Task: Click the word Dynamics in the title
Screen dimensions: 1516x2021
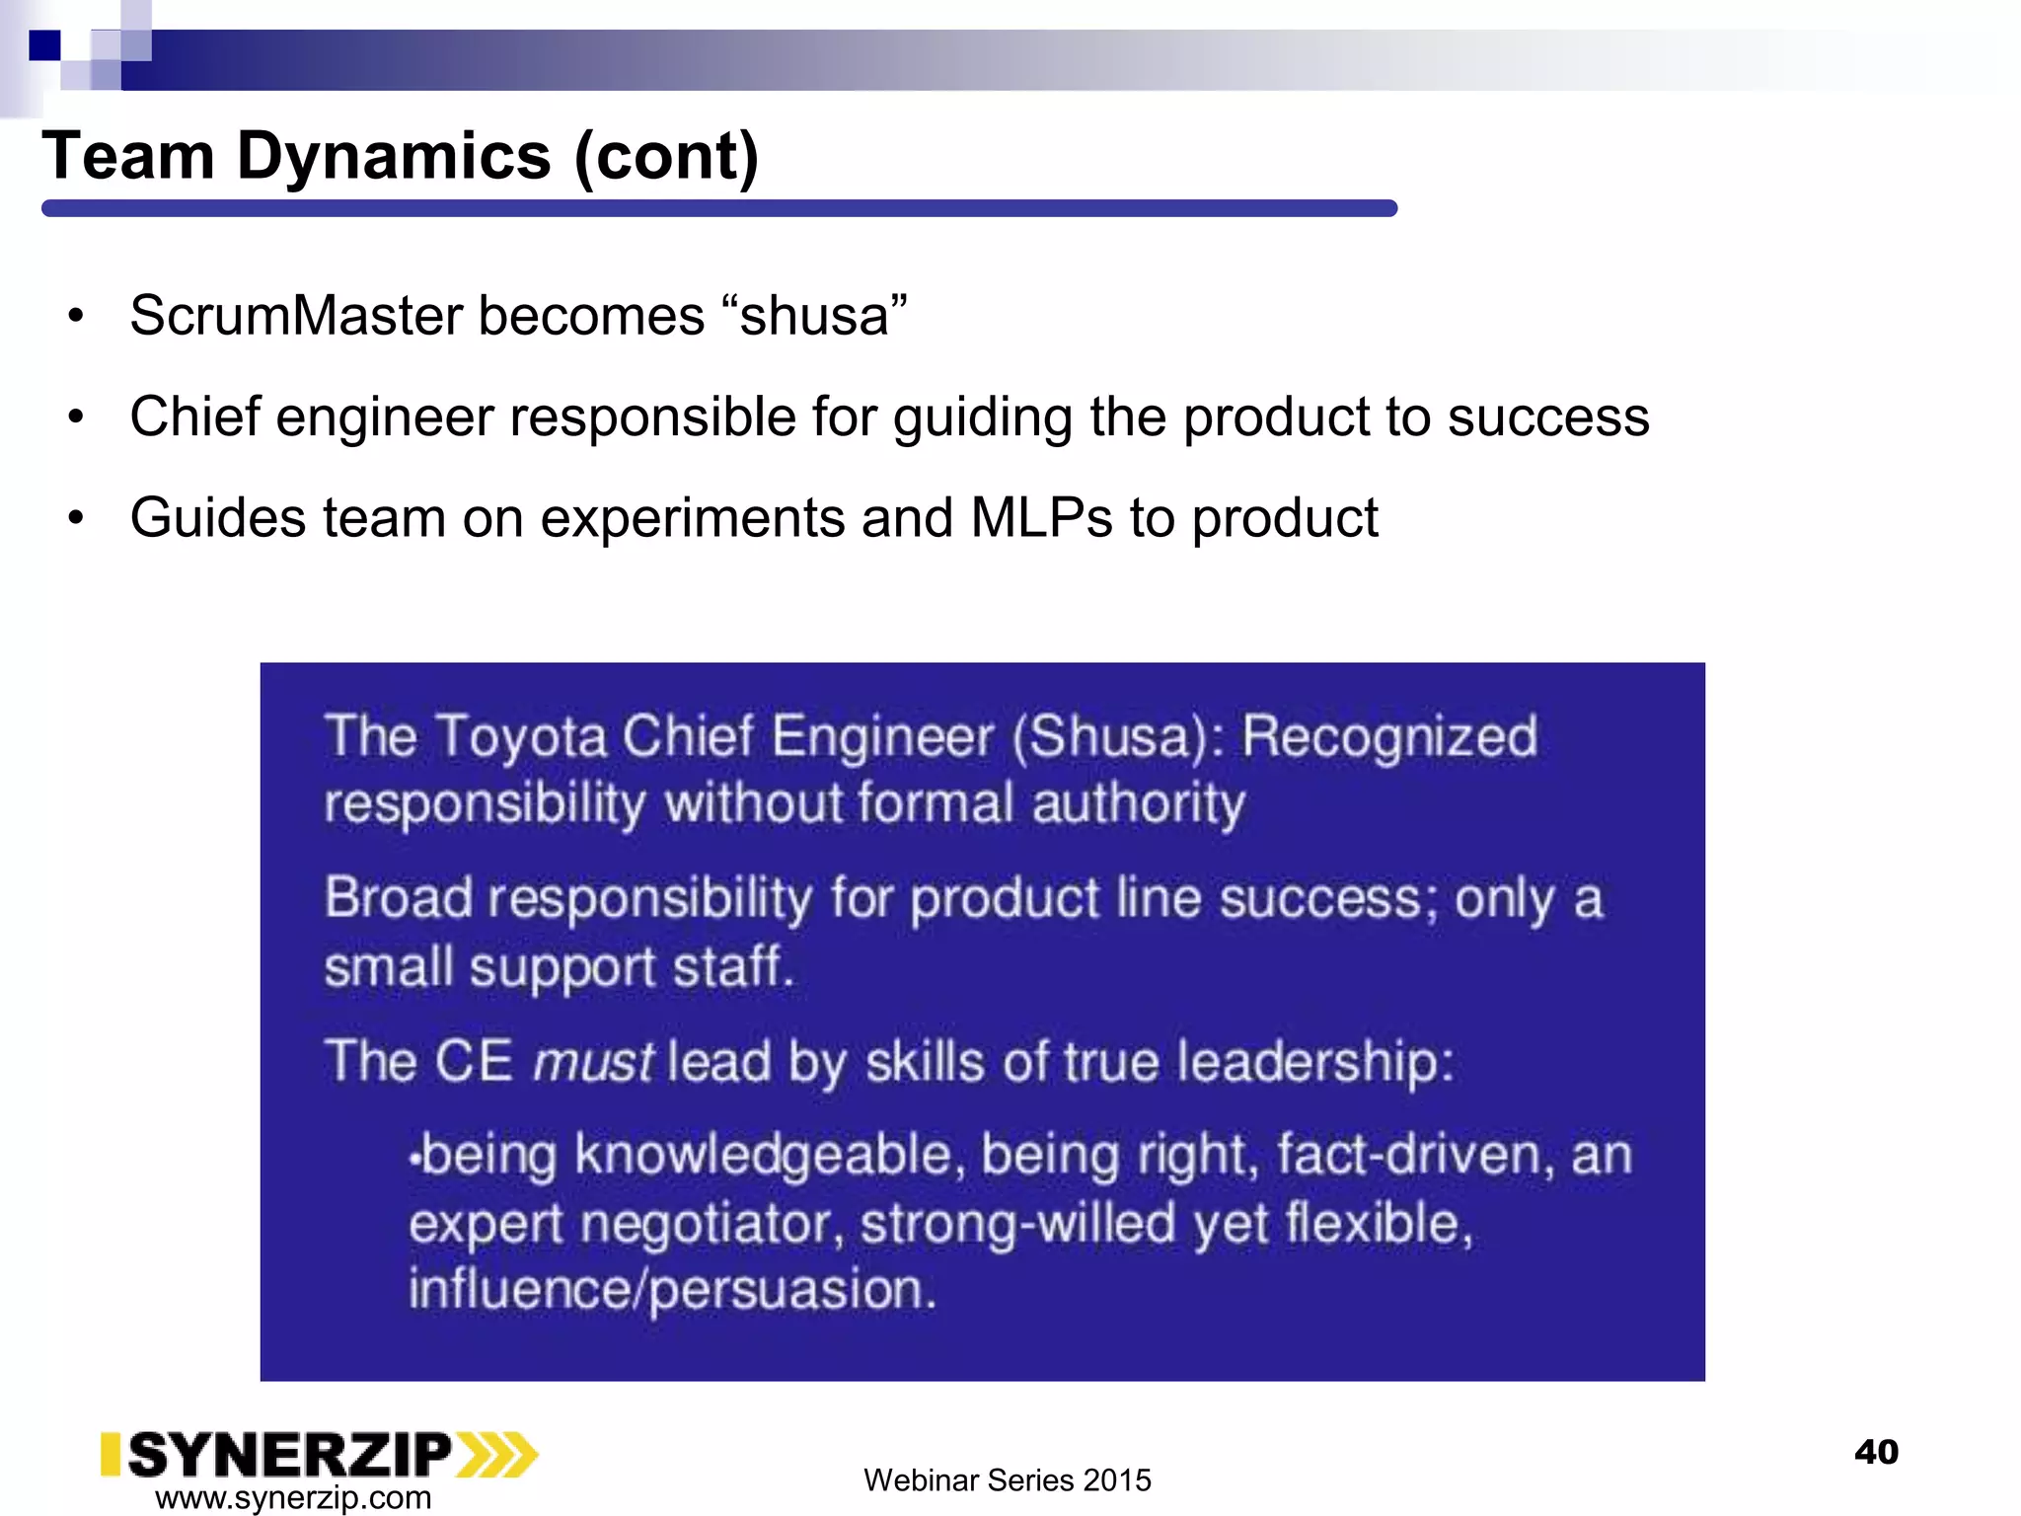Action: click(393, 157)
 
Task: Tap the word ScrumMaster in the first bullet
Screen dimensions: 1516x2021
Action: click(296, 316)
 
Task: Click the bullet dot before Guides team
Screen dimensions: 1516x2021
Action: click(76, 518)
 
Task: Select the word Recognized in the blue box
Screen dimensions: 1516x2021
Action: click(1388, 737)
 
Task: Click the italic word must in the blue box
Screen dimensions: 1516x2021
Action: click(592, 1063)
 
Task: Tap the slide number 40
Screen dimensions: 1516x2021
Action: click(1876, 1452)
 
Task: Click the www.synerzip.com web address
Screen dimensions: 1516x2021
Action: click(293, 1497)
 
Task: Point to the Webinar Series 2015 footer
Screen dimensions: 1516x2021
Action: click(1007, 1480)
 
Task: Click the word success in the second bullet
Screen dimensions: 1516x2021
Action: click(1548, 417)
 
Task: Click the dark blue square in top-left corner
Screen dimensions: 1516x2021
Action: click(44, 45)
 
